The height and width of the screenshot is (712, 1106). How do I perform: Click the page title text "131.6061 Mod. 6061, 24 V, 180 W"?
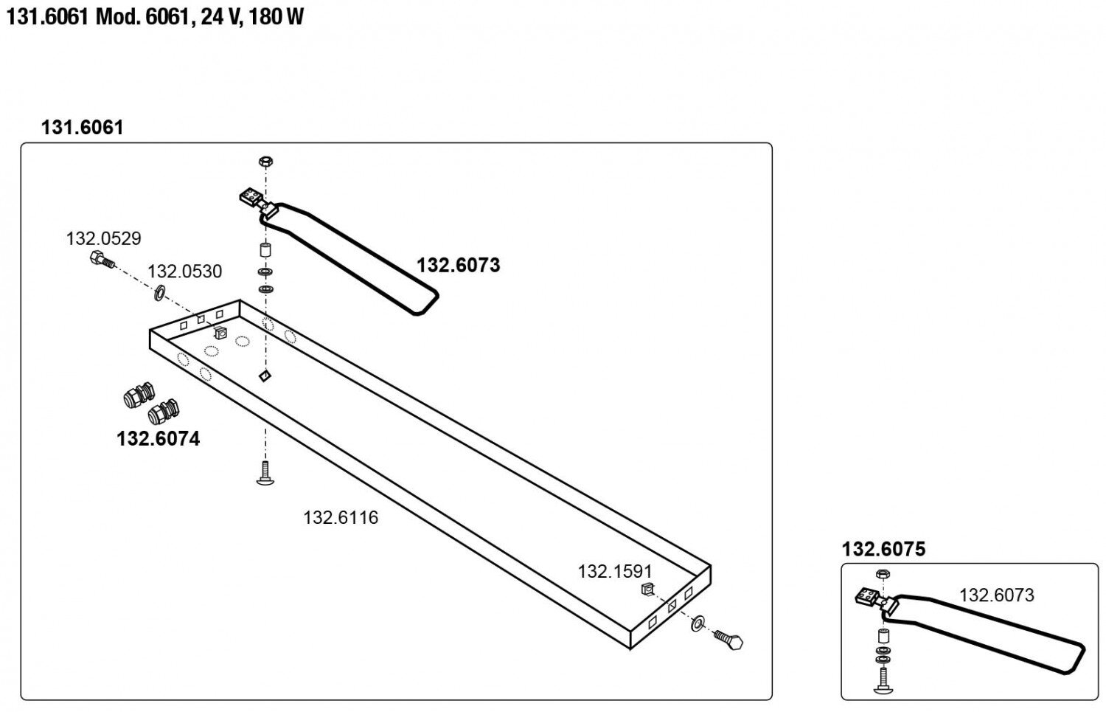coord(155,17)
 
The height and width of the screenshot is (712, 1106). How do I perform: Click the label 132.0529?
coord(103,238)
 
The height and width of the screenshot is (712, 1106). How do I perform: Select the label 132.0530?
coord(184,272)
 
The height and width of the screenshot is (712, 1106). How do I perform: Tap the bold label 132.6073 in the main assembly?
coord(458,265)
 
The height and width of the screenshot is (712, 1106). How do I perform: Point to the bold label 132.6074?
coord(158,439)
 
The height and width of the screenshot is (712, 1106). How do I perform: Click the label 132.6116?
coord(340,517)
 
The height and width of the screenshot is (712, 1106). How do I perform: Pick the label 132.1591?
coord(614,571)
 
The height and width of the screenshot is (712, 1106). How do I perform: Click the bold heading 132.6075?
coord(883,549)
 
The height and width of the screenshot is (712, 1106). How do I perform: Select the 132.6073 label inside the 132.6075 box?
coord(996,595)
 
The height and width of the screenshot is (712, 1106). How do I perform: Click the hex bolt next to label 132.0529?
coord(101,260)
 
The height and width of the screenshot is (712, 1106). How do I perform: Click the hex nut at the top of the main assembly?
coord(266,161)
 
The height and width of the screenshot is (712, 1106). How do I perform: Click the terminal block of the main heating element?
coord(251,197)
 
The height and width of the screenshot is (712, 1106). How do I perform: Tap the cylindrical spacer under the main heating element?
coord(265,250)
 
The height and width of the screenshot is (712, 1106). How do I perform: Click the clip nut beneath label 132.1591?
coord(647,589)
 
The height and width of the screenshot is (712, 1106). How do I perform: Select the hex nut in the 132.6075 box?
coord(882,573)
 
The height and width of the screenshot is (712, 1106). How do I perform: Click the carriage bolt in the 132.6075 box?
coord(882,680)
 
